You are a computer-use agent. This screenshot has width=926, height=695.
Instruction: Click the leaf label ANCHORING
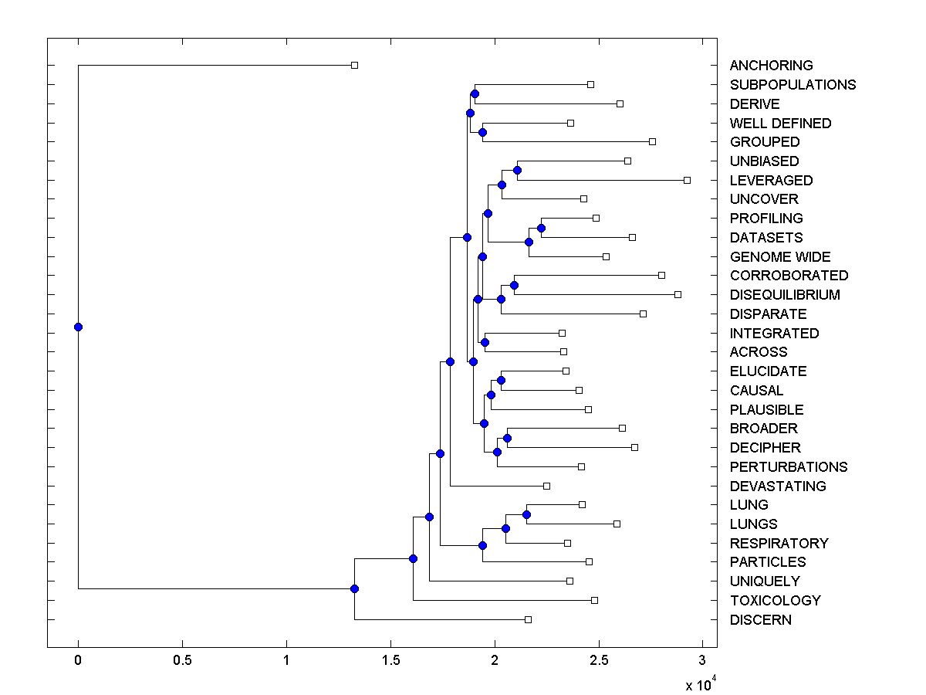click(x=771, y=66)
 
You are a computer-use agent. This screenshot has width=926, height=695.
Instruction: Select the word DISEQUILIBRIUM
click(x=785, y=295)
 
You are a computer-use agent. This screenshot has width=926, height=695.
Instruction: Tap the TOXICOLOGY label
click(x=775, y=601)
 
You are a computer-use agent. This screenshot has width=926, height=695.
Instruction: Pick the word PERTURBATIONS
click(x=788, y=467)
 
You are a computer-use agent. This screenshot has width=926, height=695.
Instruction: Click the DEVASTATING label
click(x=778, y=486)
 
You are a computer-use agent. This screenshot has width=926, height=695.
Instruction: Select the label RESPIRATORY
click(x=779, y=544)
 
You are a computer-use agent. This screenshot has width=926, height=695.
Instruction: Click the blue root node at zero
click(x=78, y=327)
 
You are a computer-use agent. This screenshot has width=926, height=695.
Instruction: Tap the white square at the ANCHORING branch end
click(x=354, y=66)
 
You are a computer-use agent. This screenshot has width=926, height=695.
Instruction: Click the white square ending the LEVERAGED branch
click(x=687, y=180)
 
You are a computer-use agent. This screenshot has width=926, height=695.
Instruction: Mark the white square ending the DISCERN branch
click(x=528, y=619)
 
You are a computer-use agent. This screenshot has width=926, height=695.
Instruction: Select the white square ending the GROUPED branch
click(x=652, y=141)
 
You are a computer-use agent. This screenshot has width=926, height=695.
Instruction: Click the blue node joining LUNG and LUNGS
click(x=526, y=514)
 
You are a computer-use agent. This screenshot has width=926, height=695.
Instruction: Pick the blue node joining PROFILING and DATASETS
click(x=541, y=228)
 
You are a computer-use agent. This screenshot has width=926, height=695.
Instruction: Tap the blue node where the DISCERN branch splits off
click(x=354, y=588)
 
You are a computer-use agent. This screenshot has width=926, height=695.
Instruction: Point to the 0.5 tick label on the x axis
click(x=182, y=661)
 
